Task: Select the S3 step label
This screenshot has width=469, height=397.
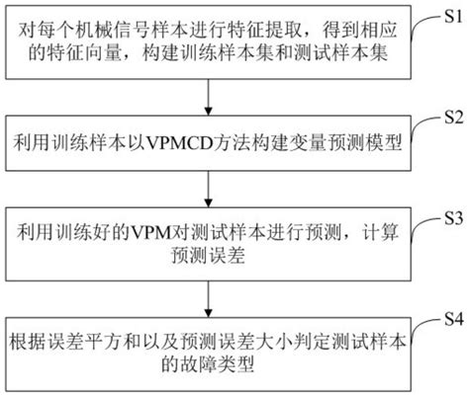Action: click(x=450, y=214)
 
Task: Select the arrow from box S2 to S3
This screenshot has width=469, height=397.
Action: click(x=207, y=188)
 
